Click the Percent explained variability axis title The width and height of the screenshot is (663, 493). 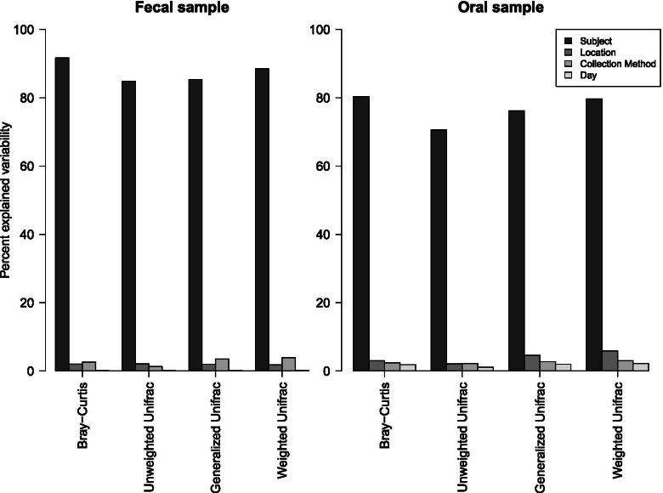coord(7,200)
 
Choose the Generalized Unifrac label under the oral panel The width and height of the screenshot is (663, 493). coord(540,429)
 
